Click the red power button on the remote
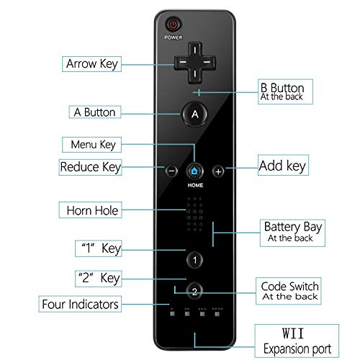point(173,24)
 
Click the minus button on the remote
point(171,171)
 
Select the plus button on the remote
point(218,171)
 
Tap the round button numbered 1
point(195,259)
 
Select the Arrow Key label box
point(91,63)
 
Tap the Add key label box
point(282,166)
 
